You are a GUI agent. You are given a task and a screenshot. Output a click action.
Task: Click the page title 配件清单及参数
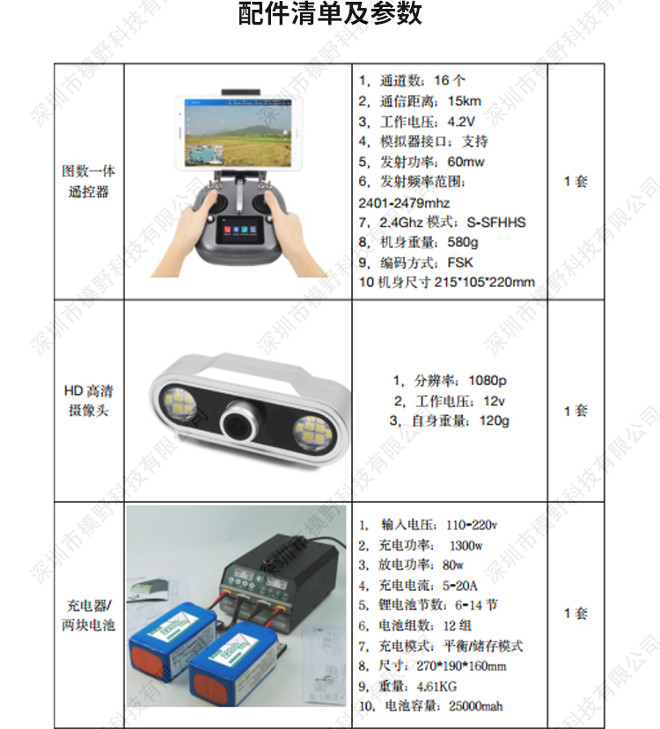pyautogui.click(x=330, y=13)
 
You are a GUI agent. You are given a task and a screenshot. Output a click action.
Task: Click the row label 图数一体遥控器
pyautogui.click(x=88, y=181)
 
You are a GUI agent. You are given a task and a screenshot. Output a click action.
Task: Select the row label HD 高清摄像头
pyautogui.click(x=88, y=400)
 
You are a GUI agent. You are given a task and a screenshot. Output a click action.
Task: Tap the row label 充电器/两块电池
pyautogui.click(x=88, y=615)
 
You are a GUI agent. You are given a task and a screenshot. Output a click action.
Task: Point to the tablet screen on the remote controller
pyautogui.click(x=238, y=133)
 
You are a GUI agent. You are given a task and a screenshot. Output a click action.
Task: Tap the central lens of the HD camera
pyautogui.click(x=241, y=422)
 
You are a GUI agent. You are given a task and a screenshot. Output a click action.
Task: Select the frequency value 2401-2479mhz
pyautogui.click(x=404, y=203)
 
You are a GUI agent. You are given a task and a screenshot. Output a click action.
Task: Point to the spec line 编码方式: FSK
pyautogui.click(x=416, y=263)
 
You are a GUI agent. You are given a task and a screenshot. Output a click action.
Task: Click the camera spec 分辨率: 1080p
pyautogui.click(x=450, y=381)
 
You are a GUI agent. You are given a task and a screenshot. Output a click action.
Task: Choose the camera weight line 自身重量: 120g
pyautogui.click(x=450, y=420)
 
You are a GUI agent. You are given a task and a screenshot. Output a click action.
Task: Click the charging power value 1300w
pyautogui.click(x=466, y=545)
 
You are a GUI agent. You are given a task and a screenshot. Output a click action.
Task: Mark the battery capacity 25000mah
pyautogui.click(x=476, y=706)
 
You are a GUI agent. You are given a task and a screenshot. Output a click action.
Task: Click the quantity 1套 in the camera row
pyautogui.click(x=576, y=411)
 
